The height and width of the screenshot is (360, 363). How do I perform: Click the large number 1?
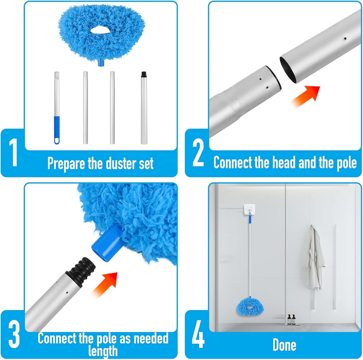point(13,152)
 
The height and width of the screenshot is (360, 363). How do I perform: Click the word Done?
point(284,345)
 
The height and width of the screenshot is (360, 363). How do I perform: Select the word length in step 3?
point(103,351)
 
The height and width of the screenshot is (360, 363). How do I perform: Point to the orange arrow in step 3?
point(105,284)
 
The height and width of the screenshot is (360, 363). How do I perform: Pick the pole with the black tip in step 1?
point(144,108)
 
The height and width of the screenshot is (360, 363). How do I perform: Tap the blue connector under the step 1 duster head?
point(101,62)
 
